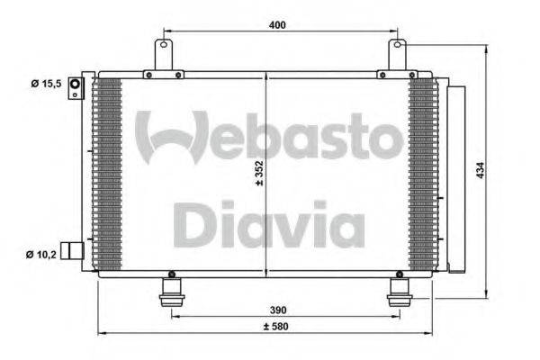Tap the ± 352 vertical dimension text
coord(258,170)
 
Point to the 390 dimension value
coord(281,309)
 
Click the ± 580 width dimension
coord(279,326)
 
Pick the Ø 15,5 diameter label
coord(44,85)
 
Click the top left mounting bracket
coord(163,56)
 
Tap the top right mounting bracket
coord(396,56)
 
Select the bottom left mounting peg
coord(170,292)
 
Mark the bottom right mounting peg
coord(398,292)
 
